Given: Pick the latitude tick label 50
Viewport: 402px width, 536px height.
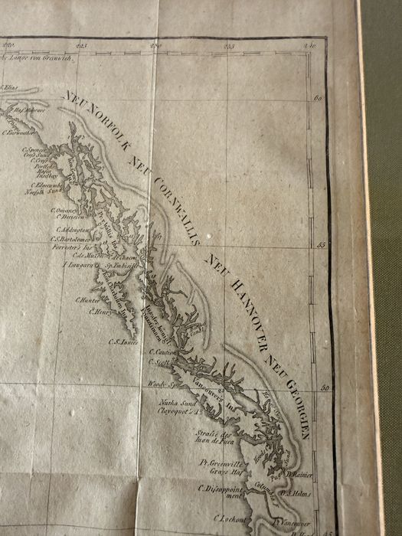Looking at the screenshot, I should pyautogui.click(x=323, y=389).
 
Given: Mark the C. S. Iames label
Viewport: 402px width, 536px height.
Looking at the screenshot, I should pyautogui.click(x=123, y=342).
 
